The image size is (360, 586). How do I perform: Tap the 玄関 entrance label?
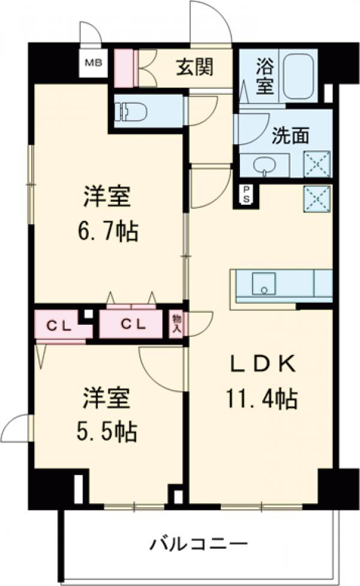pyautogui.click(x=194, y=67)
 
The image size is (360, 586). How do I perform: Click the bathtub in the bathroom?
pyautogui.click(x=302, y=76)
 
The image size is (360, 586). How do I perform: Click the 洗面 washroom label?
pyautogui.click(x=290, y=136)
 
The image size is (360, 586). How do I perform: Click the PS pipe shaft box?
pyautogui.click(x=246, y=195)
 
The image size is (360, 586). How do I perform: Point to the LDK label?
pyautogui.click(x=262, y=364)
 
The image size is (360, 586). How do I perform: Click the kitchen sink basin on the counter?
pyautogui.click(x=263, y=283)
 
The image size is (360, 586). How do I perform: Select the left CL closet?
pyautogui.click(x=60, y=325)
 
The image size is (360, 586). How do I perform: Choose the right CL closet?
pyautogui.click(x=133, y=325)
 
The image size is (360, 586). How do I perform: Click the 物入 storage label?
pyautogui.click(x=176, y=324)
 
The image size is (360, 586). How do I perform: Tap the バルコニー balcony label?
pyautogui.click(x=199, y=545)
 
